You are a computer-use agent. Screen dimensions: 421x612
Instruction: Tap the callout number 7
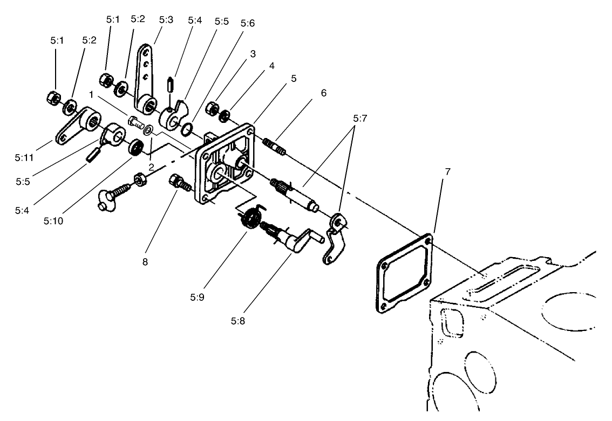(448, 172)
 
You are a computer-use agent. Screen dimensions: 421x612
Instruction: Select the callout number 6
(323, 93)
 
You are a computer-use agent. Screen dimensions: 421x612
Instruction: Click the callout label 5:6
(248, 24)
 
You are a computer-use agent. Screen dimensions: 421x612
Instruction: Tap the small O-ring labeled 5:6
(186, 129)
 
